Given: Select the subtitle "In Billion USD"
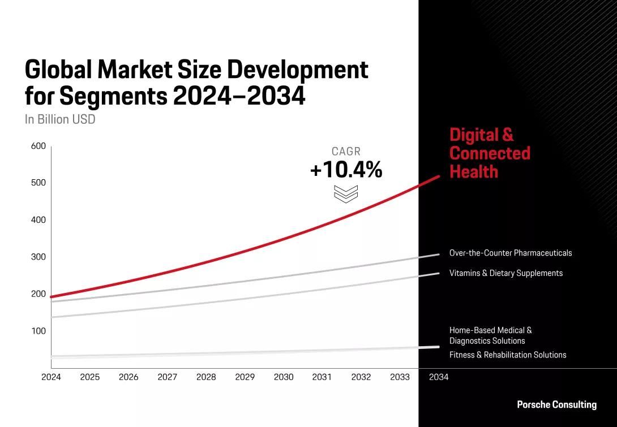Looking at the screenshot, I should (60, 119).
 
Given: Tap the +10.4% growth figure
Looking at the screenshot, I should (346, 170).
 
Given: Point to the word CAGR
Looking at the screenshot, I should (346, 152).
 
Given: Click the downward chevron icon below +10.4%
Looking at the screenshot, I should (346, 193).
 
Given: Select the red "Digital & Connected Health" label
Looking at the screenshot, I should (489, 153).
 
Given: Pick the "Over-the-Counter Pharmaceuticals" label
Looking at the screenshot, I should (510, 253).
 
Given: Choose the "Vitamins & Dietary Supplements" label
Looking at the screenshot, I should (505, 273).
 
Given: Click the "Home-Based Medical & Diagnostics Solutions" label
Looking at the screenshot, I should (490, 335).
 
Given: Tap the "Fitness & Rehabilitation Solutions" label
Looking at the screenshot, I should (507, 355).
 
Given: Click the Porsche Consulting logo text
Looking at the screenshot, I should (556, 404).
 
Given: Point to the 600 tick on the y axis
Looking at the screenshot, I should (38, 146).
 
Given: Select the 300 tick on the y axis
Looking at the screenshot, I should (38, 257).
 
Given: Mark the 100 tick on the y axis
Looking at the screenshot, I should (38, 331).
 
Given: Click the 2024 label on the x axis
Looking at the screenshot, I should (51, 377).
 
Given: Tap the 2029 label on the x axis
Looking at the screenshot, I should (245, 377).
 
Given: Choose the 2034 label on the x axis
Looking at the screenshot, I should (439, 377).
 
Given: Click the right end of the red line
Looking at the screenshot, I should (438, 177).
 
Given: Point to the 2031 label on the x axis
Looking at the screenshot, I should (322, 377).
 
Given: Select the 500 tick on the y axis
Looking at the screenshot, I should (38, 183).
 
